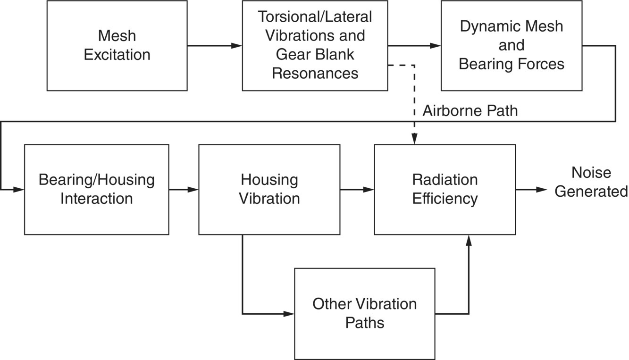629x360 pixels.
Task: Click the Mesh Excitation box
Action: point(117,45)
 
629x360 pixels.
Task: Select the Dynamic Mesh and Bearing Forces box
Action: point(512,45)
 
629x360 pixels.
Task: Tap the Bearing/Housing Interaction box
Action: point(96,189)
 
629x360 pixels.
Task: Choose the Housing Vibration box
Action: point(269,189)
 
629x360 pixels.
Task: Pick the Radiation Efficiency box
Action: point(444,189)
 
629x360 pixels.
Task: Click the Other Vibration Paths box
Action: point(364,313)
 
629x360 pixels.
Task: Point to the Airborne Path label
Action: point(470,110)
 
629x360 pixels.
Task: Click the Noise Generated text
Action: point(591,182)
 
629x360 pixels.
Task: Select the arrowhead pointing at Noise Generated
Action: point(542,190)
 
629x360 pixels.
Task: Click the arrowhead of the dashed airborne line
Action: point(414,139)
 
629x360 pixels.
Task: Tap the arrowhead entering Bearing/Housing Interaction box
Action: point(19,190)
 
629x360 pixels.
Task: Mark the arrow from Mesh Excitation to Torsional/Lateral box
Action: point(215,46)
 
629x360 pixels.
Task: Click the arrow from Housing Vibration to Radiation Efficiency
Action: point(357,190)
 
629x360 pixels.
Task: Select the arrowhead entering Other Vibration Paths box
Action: point(289,314)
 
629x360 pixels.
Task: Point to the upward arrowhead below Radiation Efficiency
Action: point(469,241)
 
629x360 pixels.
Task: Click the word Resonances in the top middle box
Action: point(315,73)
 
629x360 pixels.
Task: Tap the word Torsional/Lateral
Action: point(315,17)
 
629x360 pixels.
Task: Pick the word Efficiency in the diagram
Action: point(444,199)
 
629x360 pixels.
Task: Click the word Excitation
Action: point(117,55)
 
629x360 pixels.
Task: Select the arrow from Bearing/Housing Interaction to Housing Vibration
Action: point(184,190)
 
